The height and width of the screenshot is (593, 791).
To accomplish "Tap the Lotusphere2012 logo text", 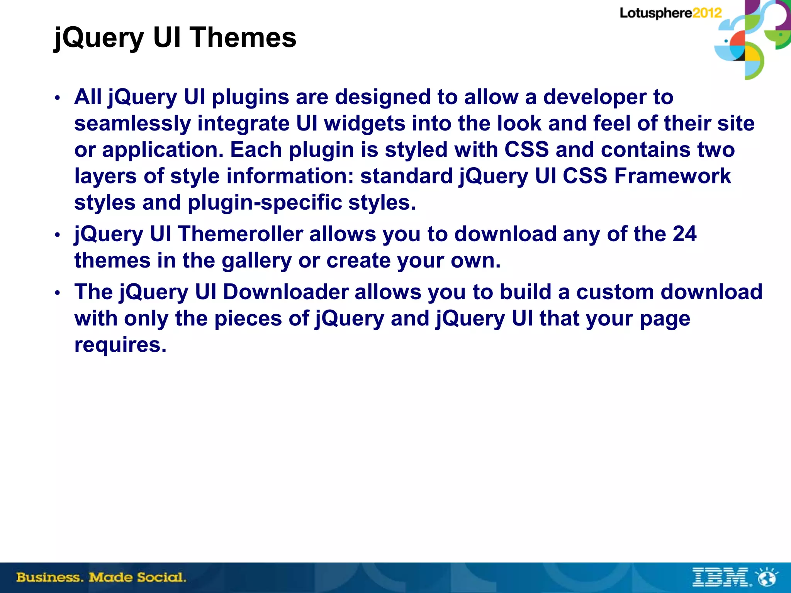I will [670, 13].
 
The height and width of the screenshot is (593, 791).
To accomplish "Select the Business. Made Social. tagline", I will [101, 578].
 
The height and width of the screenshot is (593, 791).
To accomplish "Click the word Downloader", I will [286, 292].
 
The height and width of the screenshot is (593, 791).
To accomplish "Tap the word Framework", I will [672, 176].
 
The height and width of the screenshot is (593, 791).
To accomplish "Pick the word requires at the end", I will [120, 345].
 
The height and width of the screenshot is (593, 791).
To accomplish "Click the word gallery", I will [256, 261].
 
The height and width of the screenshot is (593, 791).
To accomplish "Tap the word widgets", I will [364, 124].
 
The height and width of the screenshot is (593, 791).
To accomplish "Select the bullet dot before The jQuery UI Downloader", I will [57, 293].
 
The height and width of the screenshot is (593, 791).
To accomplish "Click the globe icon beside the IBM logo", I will [767, 577].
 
